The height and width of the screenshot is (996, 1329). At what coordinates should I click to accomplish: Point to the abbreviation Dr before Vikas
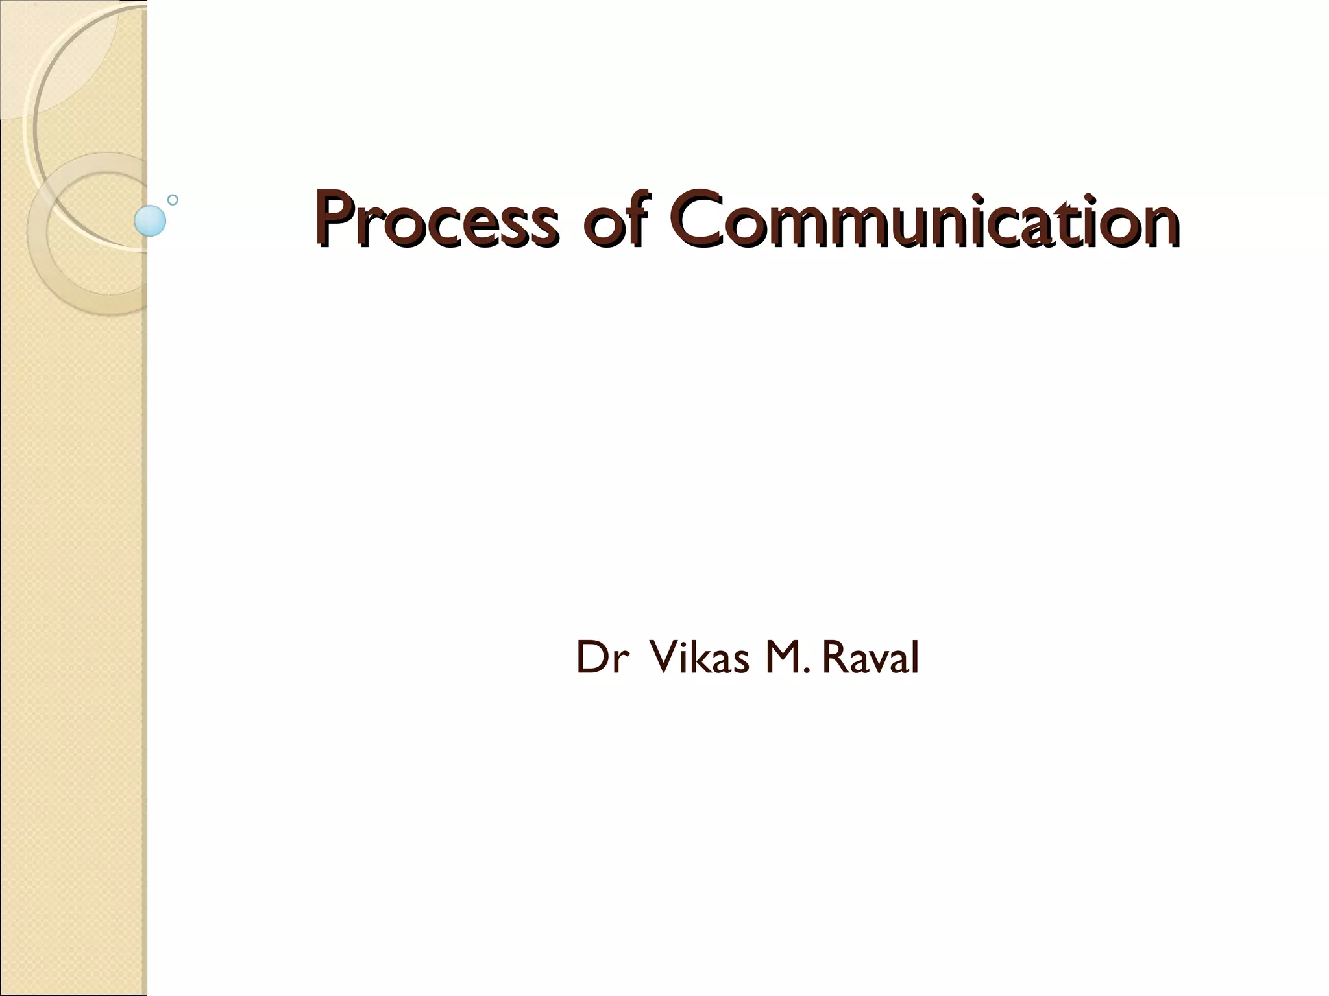click(602, 658)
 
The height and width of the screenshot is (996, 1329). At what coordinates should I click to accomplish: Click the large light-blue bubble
click(150, 220)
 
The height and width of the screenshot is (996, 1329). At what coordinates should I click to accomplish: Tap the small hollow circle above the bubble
click(173, 200)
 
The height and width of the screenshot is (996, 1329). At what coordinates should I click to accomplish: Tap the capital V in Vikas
click(663, 658)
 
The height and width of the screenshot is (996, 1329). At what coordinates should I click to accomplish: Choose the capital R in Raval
click(836, 658)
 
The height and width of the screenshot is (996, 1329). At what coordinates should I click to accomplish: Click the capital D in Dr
click(591, 658)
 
